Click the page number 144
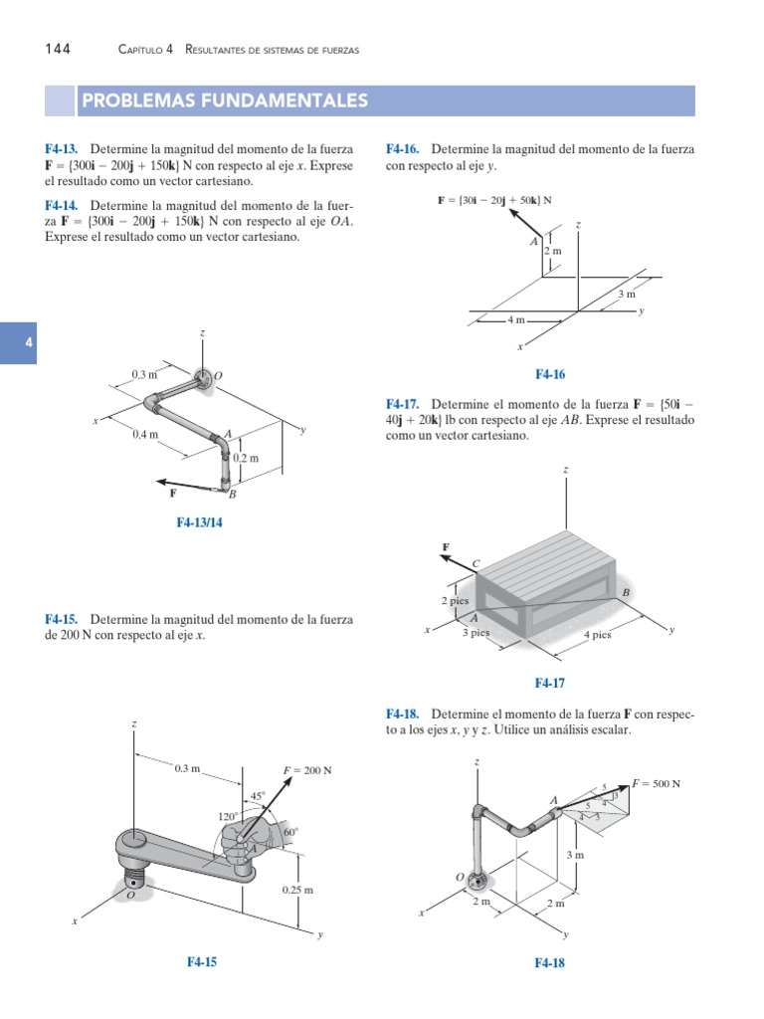pos(58,50)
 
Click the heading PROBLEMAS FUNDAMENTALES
pos(225,102)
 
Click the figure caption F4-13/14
pos(199,521)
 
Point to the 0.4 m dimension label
pos(146,435)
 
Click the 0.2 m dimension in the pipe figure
pos(246,459)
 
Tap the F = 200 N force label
pos(307,770)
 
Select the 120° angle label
pos(230,816)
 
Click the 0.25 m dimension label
pos(295,890)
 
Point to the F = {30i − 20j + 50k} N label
pos(494,200)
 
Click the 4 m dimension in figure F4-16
pos(515,320)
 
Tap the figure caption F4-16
pos(549,374)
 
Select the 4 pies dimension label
pos(597,635)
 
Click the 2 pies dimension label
pos(456,601)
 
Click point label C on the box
pos(476,564)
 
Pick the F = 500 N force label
pos(656,783)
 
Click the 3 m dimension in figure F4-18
pos(574,855)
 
